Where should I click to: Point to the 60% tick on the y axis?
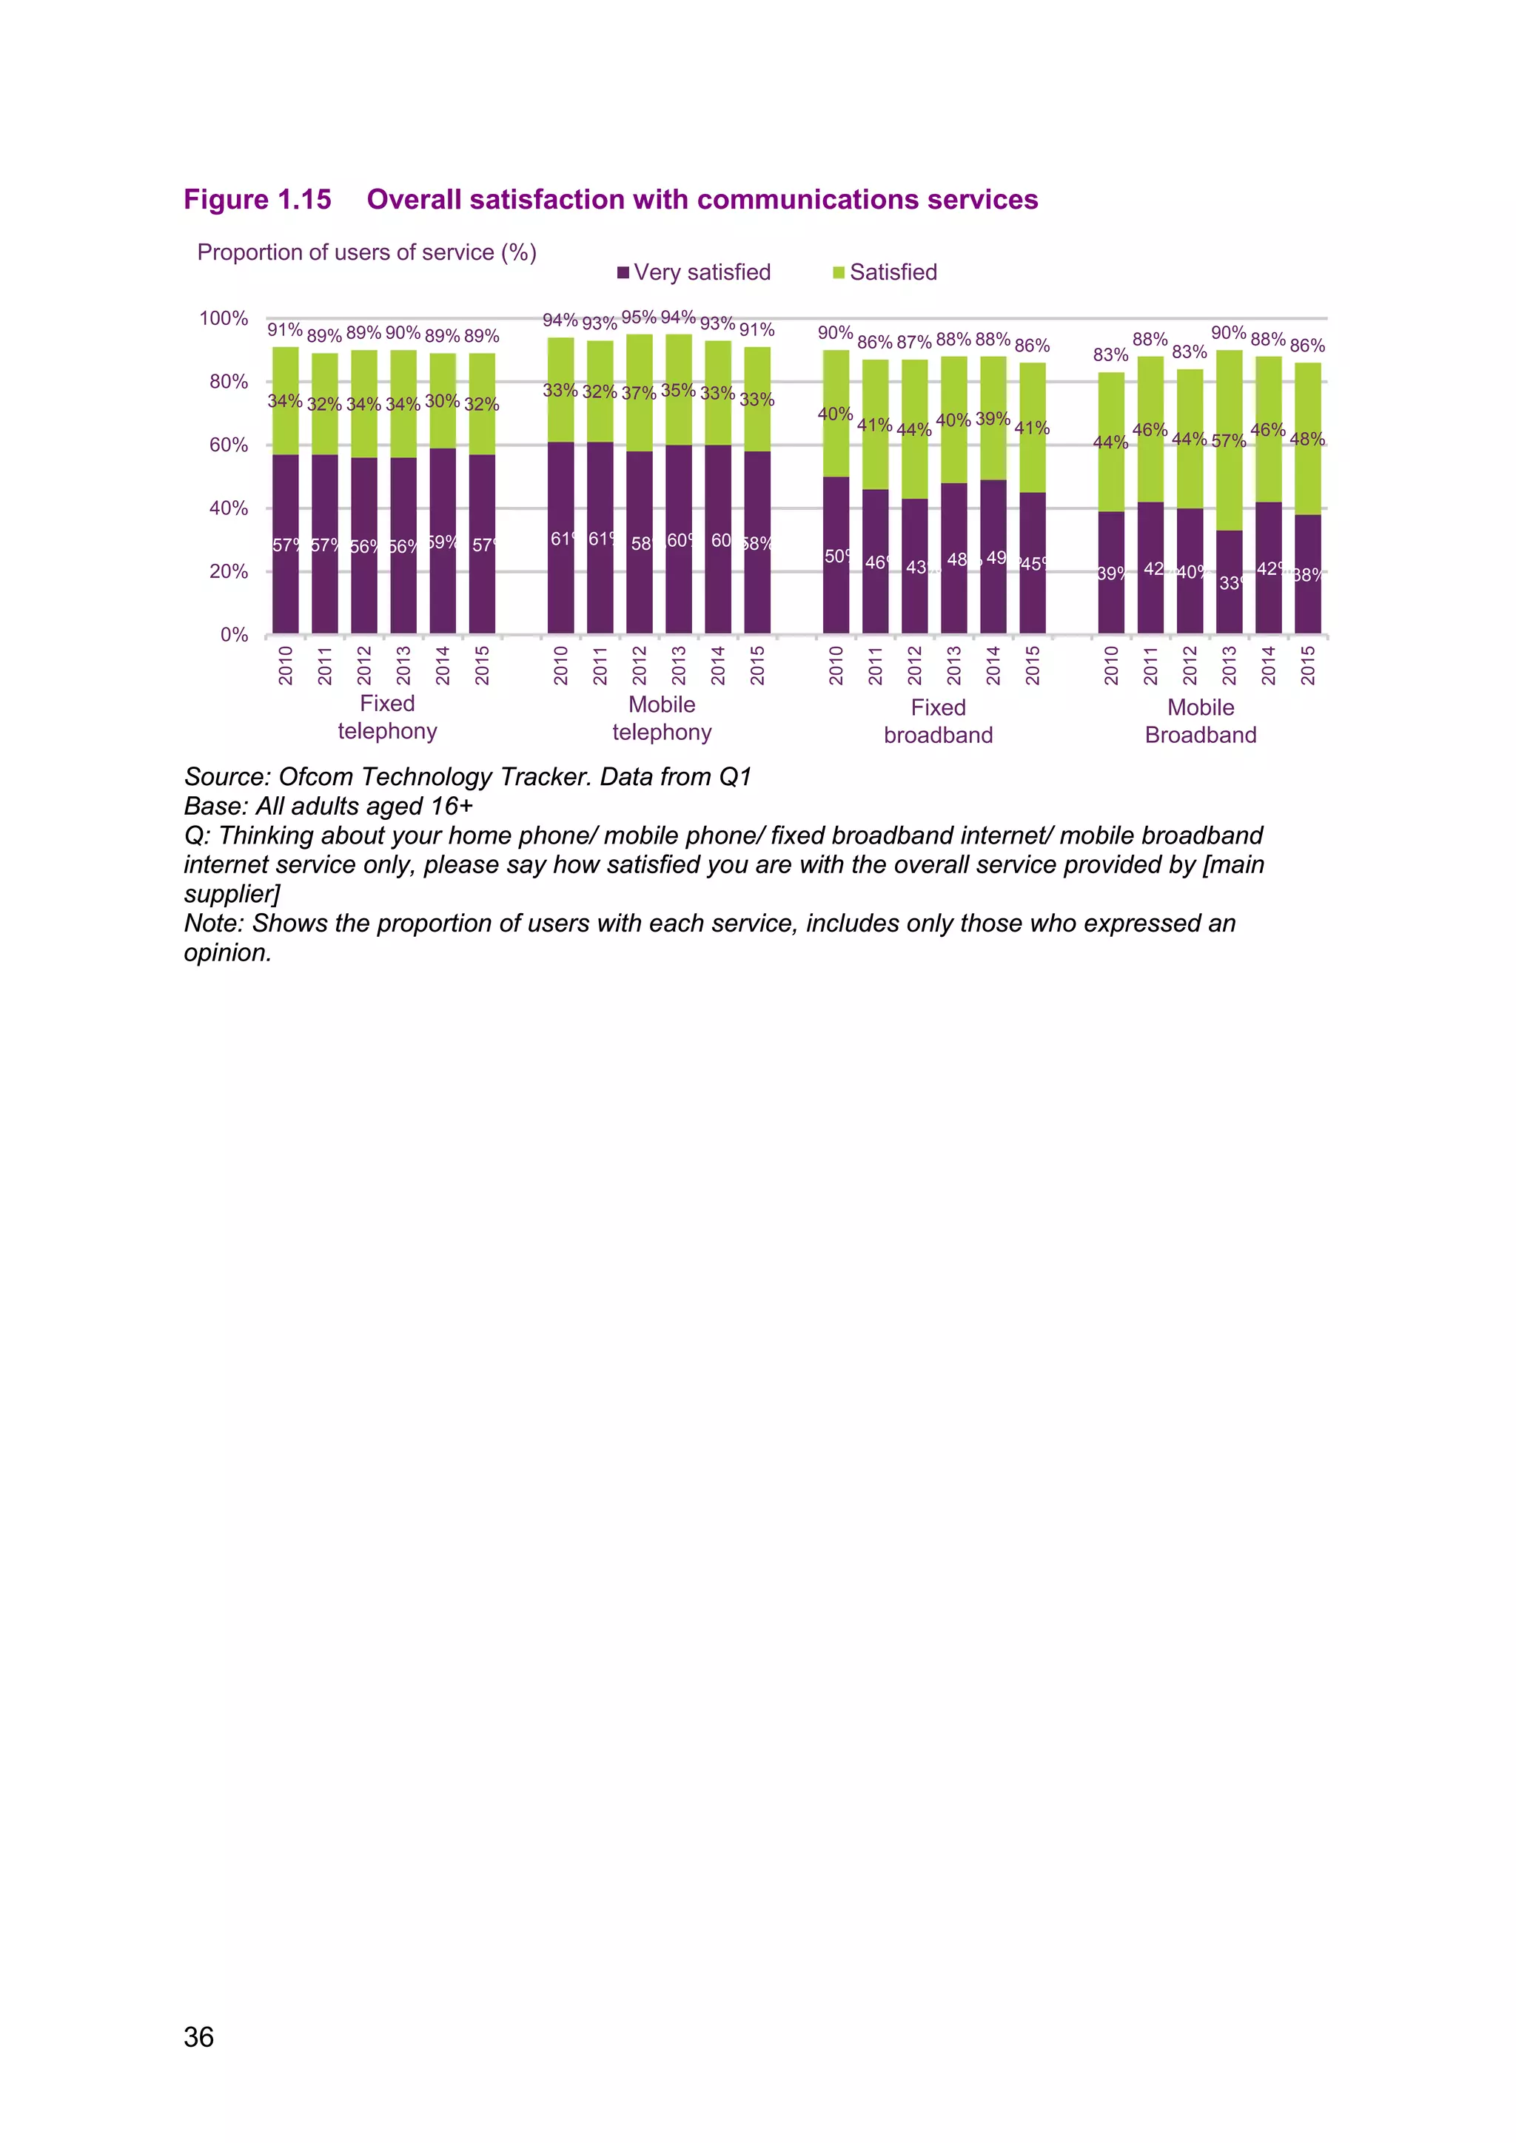click(x=228, y=445)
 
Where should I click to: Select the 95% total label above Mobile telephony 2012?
click(x=639, y=317)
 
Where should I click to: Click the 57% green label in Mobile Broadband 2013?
click(x=1229, y=440)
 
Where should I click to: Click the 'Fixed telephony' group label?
click(x=387, y=717)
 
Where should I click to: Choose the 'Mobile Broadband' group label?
click(x=1201, y=721)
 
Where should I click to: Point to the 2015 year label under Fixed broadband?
click(x=1033, y=665)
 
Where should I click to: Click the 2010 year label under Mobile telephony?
click(x=560, y=665)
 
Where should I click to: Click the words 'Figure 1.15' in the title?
click(x=257, y=200)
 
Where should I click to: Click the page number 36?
click(x=199, y=2036)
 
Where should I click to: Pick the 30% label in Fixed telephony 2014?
click(x=441, y=400)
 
